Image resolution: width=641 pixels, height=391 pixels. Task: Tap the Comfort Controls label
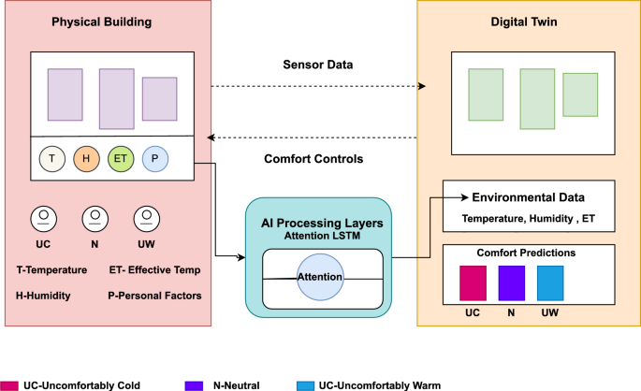pyautogui.click(x=314, y=158)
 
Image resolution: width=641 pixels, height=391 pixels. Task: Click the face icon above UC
pyautogui.click(x=41, y=220)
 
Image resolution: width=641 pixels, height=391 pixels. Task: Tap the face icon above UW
pyautogui.click(x=143, y=220)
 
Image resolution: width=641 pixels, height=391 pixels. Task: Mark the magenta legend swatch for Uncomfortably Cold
pyautogui.click(x=10, y=384)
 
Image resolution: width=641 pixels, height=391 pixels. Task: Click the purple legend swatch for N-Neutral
pyautogui.click(x=194, y=384)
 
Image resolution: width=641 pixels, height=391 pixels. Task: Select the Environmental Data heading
pyautogui.click(x=529, y=197)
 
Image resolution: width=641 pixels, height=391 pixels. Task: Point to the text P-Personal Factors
pyautogui.click(x=155, y=296)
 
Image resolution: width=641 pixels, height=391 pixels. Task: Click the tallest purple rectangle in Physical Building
pyautogui.click(x=117, y=98)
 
